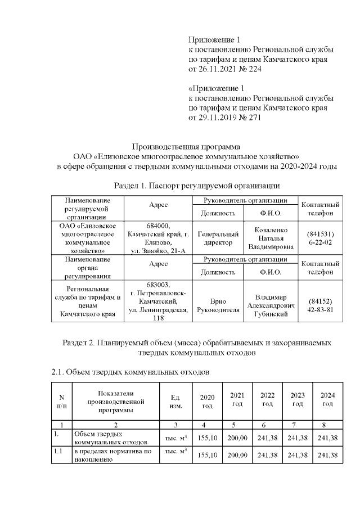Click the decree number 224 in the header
[255, 69]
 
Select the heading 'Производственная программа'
[186, 146]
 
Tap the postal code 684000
[157, 226]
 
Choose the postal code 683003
[157, 285]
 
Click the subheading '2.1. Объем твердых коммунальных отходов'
[130, 372]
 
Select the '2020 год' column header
[207, 401]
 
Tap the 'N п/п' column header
[61, 401]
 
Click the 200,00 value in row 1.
[237, 438]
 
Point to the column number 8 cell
[327, 424]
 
